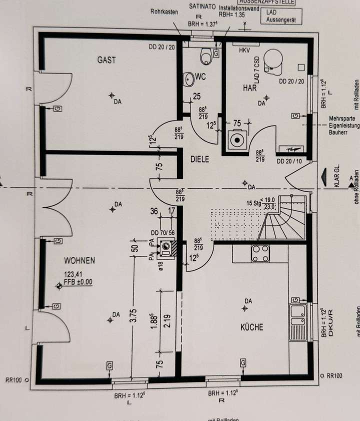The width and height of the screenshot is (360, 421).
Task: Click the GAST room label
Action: (106, 60)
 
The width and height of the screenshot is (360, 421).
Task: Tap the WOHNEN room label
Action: (79, 260)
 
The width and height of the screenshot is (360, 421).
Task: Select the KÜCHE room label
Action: (251, 327)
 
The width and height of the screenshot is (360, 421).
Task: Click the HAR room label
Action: (249, 87)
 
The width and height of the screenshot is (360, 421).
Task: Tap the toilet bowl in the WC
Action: (206, 57)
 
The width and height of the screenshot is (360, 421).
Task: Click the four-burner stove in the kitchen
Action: (260, 253)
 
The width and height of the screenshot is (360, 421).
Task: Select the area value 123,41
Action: (73, 274)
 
